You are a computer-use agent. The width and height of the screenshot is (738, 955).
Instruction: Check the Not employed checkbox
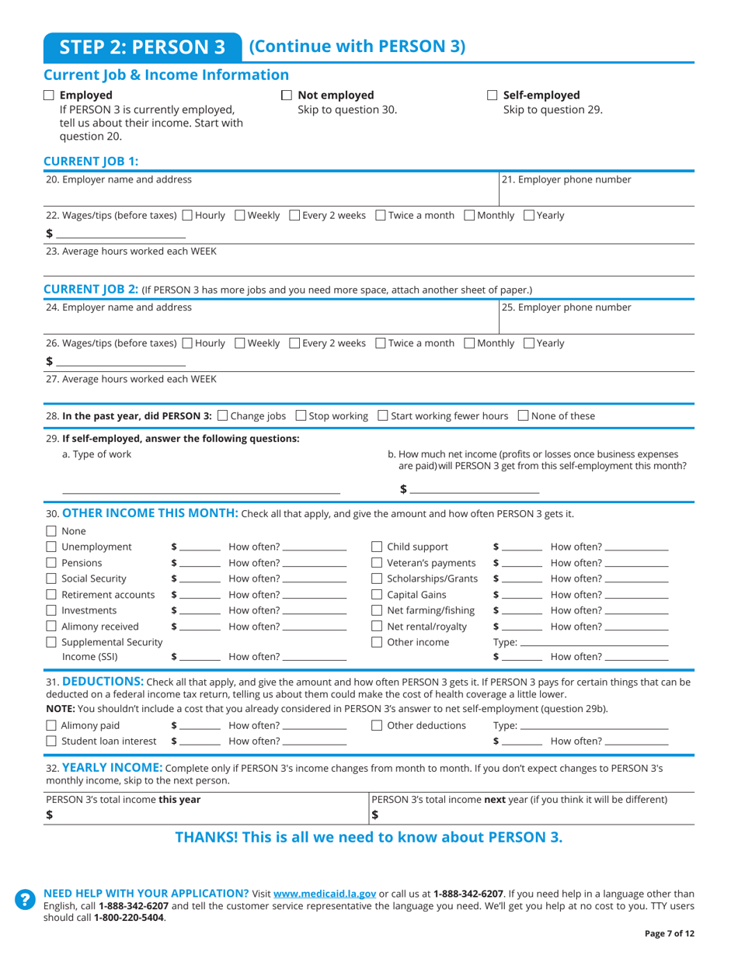pyautogui.click(x=286, y=95)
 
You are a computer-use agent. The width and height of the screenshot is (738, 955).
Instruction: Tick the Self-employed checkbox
pyautogui.click(x=492, y=95)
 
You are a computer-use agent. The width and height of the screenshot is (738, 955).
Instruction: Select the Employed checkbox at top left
pyautogui.click(x=49, y=95)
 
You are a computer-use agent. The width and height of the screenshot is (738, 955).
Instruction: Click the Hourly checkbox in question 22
pyautogui.click(x=187, y=215)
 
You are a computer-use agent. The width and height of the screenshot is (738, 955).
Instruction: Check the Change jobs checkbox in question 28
pyautogui.click(x=224, y=416)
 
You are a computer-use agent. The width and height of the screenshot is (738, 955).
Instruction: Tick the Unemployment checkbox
pyautogui.click(x=51, y=547)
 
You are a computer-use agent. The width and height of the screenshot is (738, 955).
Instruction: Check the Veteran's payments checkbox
pyautogui.click(x=377, y=563)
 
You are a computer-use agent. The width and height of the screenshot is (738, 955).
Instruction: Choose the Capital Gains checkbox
pyautogui.click(x=377, y=596)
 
